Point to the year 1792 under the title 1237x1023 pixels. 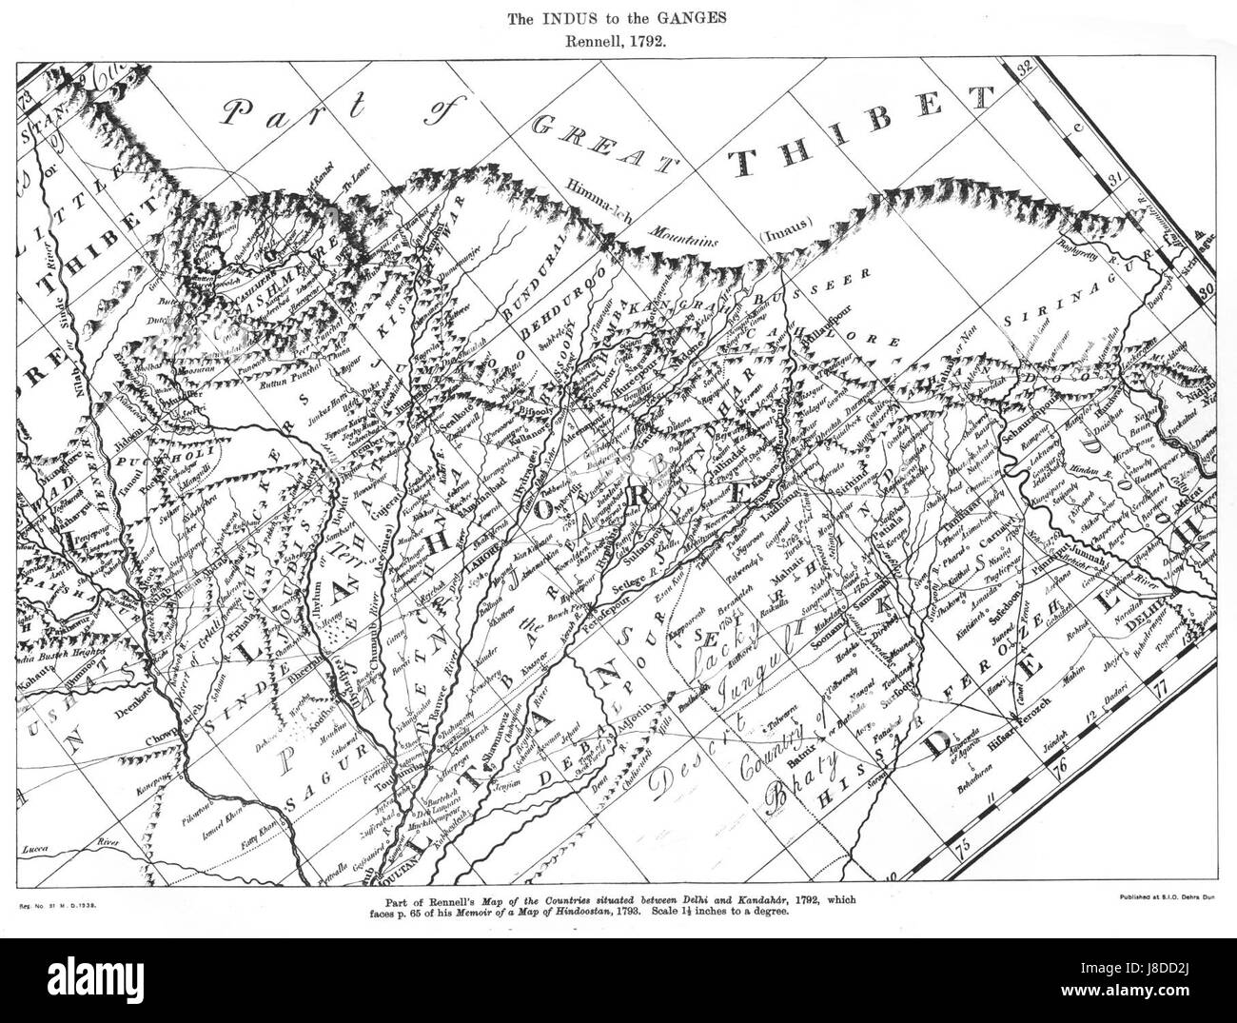[x=655, y=41]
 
